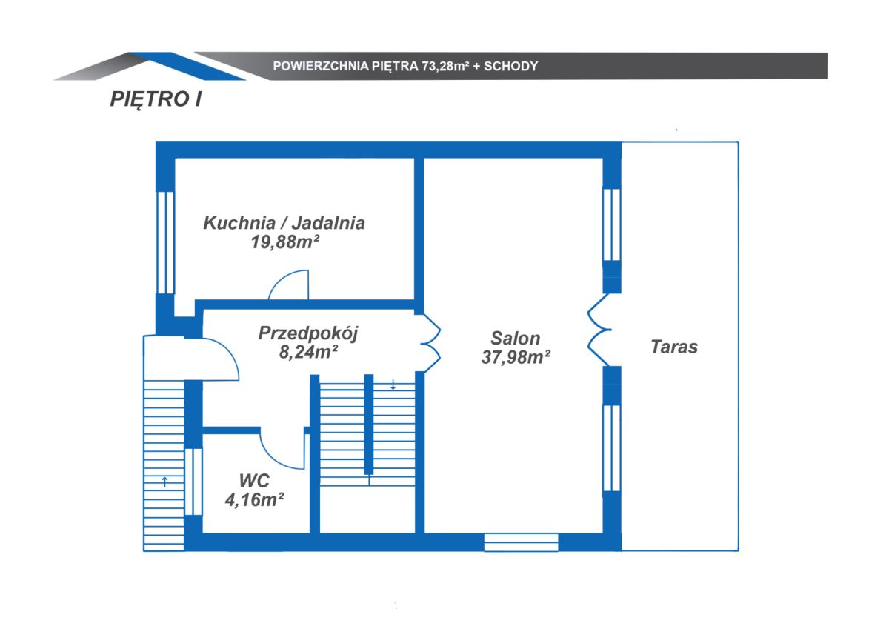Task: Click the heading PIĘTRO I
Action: [x=156, y=99]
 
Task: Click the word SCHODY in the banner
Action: [x=510, y=66]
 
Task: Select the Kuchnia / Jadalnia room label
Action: [x=284, y=223]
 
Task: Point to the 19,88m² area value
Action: [x=285, y=242]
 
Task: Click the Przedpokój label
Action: [x=308, y=333]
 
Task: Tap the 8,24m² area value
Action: [x=308, y=352]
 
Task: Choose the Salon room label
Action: [x=515, y=339]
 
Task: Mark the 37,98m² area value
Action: [x=516, y=357]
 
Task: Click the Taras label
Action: [x=674, y=347]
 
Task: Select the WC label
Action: [x=254, y=481]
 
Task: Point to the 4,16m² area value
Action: [x=254, y=499]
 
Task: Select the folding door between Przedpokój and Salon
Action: [x=431, y=343]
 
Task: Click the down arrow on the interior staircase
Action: [x=393, y=385]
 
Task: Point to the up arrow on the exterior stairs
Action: [x=164, y=482]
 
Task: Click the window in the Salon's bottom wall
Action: [x=521, y=542]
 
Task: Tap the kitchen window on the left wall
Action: [x=165, y=242]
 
